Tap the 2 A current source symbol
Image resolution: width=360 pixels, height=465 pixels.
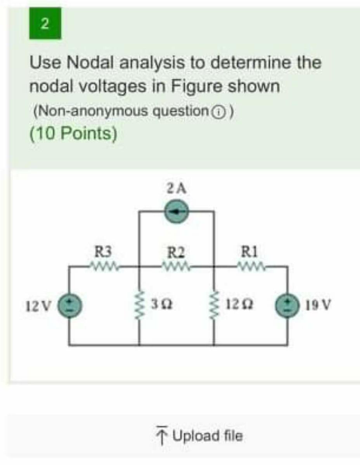coord(177,212)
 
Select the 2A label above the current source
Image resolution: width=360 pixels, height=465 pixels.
coord(177,189)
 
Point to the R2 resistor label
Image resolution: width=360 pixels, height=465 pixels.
coord(177,253)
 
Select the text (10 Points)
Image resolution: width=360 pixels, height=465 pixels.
coord(73,134)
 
